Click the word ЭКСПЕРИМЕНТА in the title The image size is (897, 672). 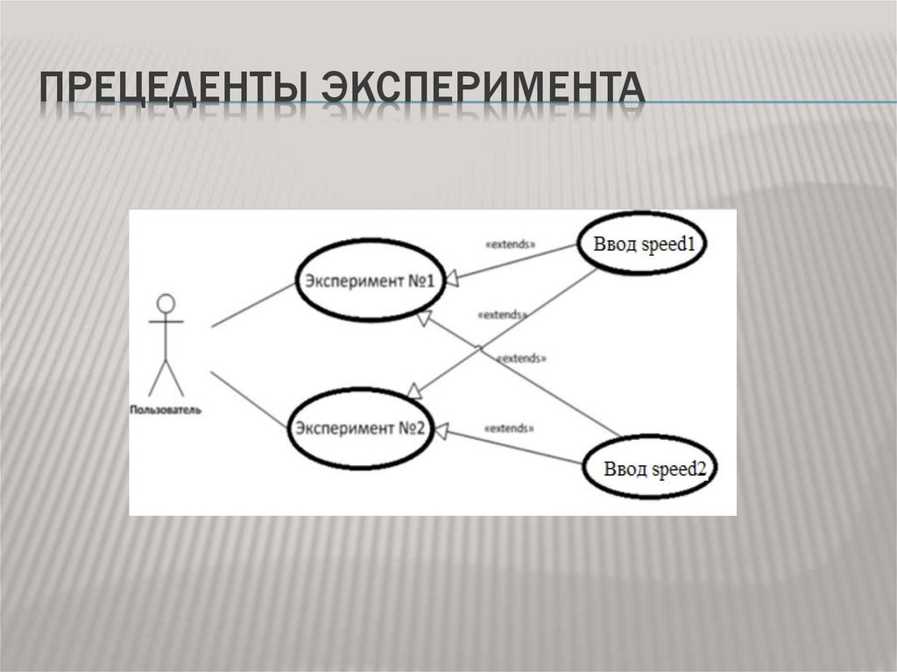click(481, 90)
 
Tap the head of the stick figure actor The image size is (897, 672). click(166, 304)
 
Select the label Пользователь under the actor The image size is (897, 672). click(166, 409)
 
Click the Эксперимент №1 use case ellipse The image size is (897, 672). click(369, 279)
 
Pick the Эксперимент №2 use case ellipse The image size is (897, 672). click(360, 428)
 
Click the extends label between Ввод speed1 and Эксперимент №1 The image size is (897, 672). click(510, 244)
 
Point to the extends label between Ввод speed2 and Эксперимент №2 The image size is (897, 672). click(508, 428)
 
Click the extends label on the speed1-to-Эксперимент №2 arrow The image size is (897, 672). click(503, 314)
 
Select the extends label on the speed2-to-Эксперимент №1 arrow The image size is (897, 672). click(521, 358)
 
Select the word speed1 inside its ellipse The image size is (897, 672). click(669, 244)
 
